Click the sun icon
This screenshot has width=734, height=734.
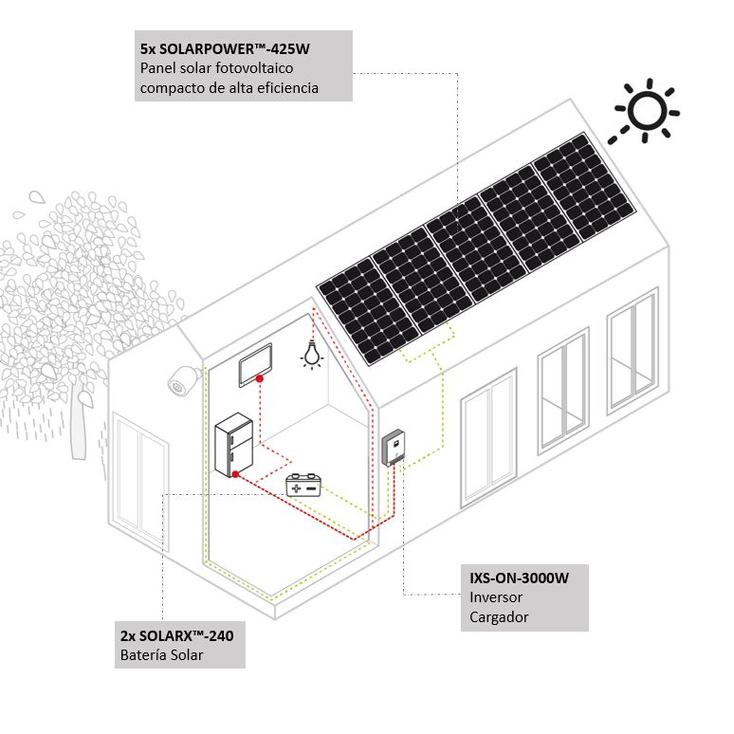click(646, 111)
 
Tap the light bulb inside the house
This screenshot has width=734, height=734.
click(312, 355)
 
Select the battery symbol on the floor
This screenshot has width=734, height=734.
click(303, 486)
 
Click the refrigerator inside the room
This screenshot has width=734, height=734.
click(233, 445)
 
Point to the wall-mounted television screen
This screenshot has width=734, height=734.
click(256, 365)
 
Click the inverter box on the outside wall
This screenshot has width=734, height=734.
click(394, 448)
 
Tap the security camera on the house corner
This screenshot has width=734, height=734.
click(184, 380)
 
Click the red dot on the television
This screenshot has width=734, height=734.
click(259, 378)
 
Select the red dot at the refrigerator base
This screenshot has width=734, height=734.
click(235, 474)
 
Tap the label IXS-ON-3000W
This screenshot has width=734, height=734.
click(519, 578)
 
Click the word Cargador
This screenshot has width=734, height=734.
click(499, 617)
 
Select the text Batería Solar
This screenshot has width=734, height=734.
click(161, 654)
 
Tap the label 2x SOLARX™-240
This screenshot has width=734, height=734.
click(177, 635)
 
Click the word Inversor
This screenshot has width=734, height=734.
click(496, 597)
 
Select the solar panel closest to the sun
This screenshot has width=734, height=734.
click(585, 187)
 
